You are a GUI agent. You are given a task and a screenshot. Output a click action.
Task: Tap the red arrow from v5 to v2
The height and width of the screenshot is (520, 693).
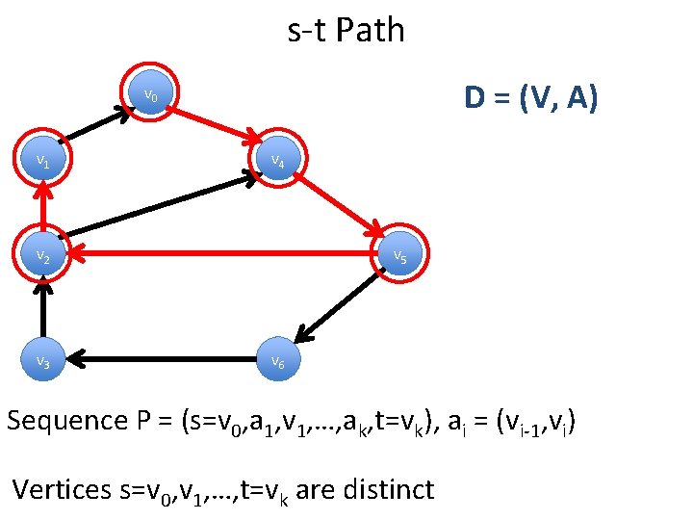[221, 255]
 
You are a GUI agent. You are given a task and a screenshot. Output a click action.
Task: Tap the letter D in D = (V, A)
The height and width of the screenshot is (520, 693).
[475, 97]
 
